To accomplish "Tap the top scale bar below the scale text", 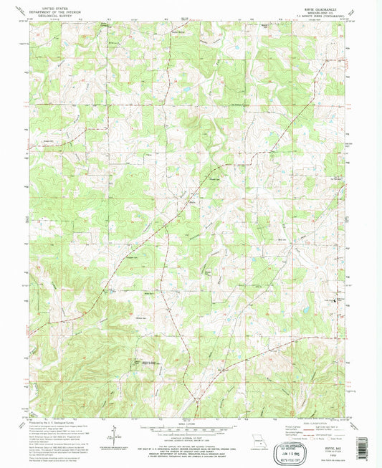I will (x=191, y=427).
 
